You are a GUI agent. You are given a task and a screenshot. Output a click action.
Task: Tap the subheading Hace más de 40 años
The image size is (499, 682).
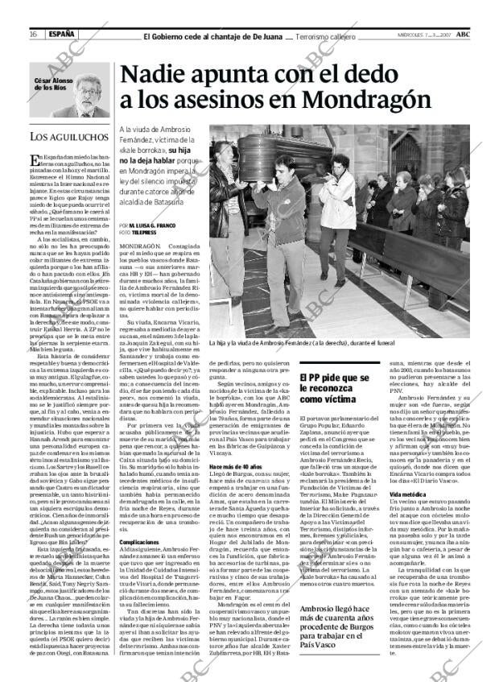pos(233,465)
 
